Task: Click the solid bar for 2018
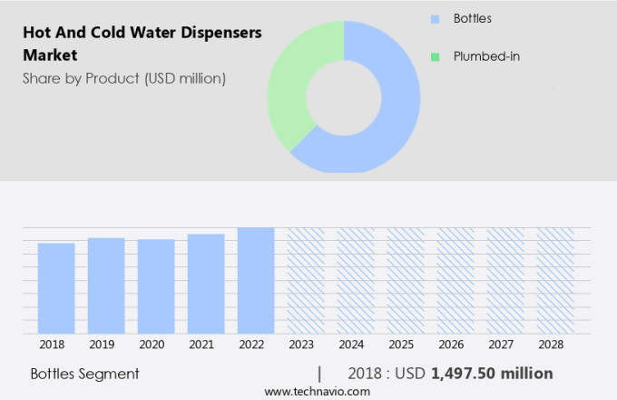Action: tap(56, 288)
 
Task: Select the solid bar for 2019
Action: tap(106, 285)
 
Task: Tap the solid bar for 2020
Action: tap(156, 286)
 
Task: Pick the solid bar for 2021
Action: tap(206, 284)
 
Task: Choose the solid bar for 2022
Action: tap(256, 280)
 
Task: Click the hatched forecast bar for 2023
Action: tap(306, 280)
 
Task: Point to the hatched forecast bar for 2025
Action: tap(406, 280)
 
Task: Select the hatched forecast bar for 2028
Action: tap(555, 280)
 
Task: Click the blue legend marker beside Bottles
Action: tap(435, 18)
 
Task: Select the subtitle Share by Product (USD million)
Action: tap(124, 78)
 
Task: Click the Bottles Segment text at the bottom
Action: tap(84, 374)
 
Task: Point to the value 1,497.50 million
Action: tap(492, 374)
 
